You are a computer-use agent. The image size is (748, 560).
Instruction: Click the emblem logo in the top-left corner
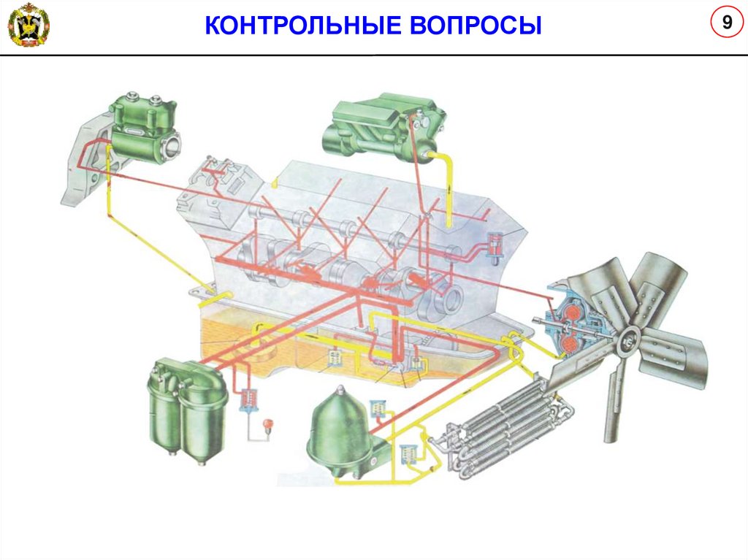(27, 25)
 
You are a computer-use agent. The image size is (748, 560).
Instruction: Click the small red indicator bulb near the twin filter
(267, 424)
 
